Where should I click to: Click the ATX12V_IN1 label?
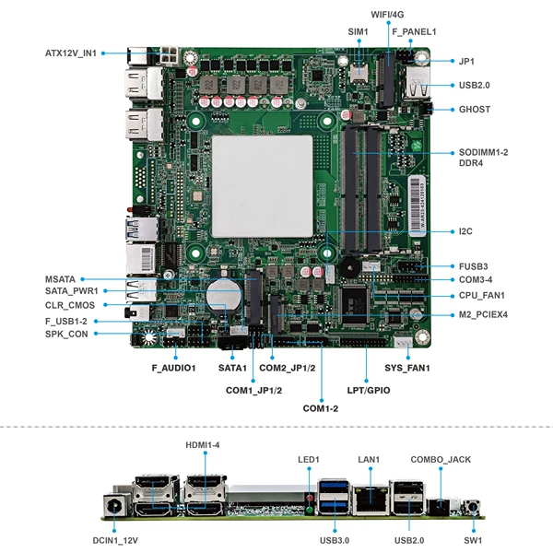pyautogui.click(x=71, y=53)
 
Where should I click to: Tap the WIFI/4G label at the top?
pyautogui.click(x=387, y=15)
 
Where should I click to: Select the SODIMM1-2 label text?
pyautogui.click(x=483, y=152)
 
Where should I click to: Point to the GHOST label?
pyautogui.click(x=475, y=110)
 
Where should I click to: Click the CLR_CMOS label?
pyautogui.click(x=70, y=305)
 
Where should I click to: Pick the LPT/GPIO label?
pyautogui.click(x=369, y=391)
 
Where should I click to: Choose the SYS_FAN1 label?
pyautogui.click(x=407, y=368)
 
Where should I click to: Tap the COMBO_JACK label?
pyautogui.click(x=441, y=460)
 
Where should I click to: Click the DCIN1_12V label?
pyautogui.click(x=115, y=540)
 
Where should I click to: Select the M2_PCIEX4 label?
pyautogui.click(x=483, y=314)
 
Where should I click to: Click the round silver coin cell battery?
pyautogui.click(x=224, y=296)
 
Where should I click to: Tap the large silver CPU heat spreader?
pyautogui.click(x=262, y=186)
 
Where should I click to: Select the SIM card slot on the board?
pyautogui.click(x=359, y=72)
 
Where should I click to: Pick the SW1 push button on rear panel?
pyautogui.click(x=473, y=508)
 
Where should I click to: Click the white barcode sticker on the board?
pyautogui.click(x=418, y=206)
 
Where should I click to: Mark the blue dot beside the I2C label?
pyautogui.click(x=453, y=231)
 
